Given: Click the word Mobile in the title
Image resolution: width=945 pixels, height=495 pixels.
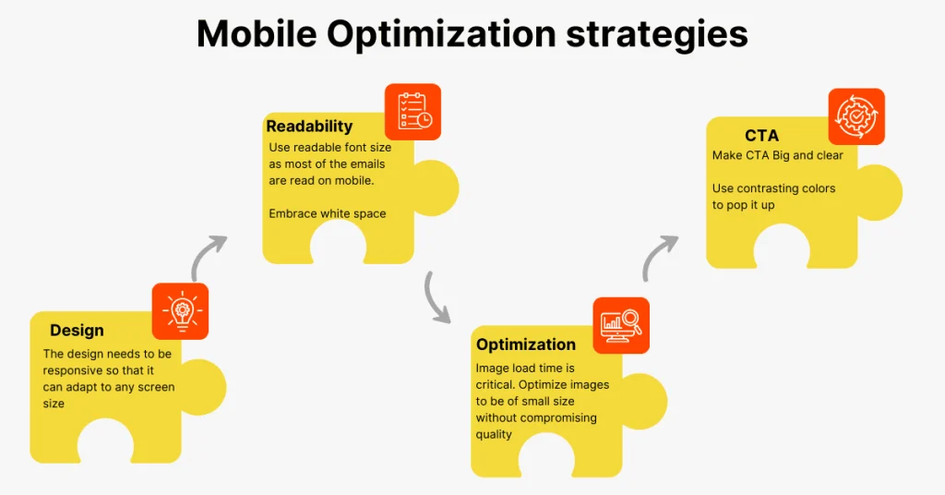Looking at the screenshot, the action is click(257, 34).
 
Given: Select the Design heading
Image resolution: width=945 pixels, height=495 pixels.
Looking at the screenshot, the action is click(77, 331).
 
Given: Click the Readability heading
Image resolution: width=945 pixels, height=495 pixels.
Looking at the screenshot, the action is click(309, 126).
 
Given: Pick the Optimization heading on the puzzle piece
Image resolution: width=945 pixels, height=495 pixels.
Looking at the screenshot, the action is click(525, 344).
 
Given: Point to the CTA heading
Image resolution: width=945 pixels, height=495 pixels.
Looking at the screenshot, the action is click(761, 135).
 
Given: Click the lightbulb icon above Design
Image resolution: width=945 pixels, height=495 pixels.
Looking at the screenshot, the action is click(180, 311).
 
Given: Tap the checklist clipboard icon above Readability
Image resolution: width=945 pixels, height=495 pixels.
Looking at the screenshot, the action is click(413, 112).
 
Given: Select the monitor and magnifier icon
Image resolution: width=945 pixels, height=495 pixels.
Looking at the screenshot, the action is click(621, 326).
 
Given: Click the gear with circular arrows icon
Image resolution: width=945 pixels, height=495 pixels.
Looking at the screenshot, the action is click(856, 116).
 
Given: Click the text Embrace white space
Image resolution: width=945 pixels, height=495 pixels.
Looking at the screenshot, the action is click(328, 213).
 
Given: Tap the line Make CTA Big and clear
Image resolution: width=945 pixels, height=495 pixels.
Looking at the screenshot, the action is click(777, 155).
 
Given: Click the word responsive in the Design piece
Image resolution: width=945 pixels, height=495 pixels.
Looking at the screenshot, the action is click(73, 371).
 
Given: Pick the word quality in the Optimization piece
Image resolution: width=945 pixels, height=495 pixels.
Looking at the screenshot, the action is click(494, 435).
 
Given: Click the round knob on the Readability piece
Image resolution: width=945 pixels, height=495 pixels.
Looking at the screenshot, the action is click(437, 188).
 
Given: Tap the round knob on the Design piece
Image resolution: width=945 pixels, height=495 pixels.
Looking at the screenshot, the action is click(204, 387).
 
